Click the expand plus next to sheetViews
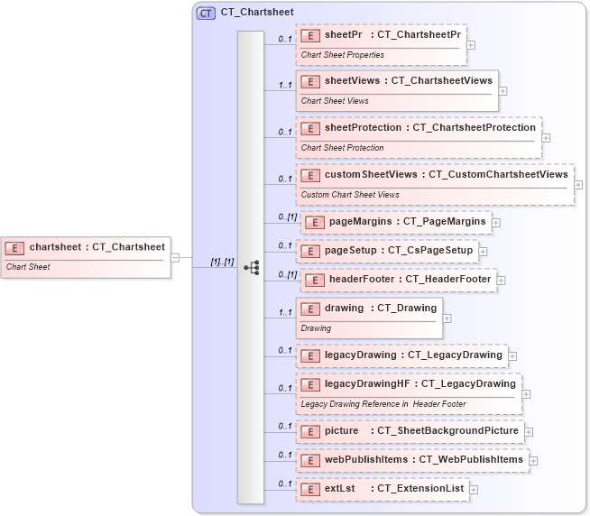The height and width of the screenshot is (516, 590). coord(502,90)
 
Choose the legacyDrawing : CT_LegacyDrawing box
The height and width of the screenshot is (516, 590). coord(401,355)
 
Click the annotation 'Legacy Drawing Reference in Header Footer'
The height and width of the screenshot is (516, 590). coord(383,404)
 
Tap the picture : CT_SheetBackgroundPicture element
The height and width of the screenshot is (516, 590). coord(410,431)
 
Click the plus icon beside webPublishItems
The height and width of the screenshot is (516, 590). coord(533,460)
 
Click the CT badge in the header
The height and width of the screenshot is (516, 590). coord(206,14)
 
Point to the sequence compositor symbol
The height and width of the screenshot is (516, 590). coord(252,268)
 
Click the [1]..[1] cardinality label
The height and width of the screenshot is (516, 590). coord(222,263)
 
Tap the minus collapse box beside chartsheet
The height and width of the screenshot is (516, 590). coord(175,257)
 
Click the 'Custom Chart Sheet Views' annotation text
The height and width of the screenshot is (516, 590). coord(350,195)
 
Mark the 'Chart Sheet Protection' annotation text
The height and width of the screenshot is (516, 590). coord(342,148)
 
